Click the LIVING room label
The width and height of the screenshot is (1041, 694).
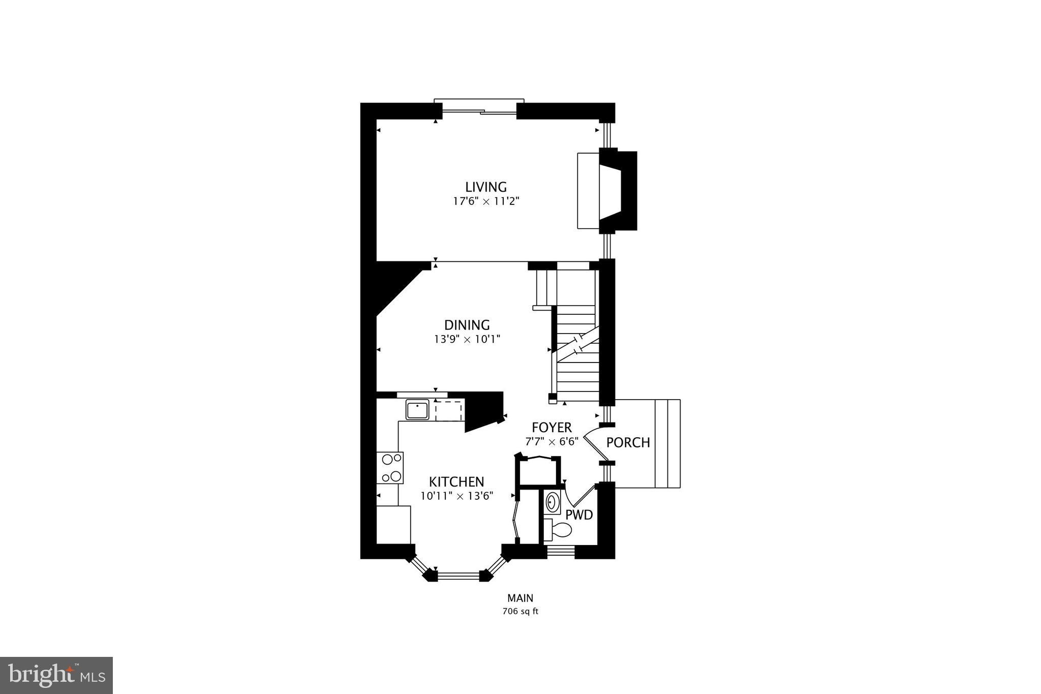point(486,187)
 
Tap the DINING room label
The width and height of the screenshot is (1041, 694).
point(467,325)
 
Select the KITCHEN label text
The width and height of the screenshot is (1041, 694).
point(456,481)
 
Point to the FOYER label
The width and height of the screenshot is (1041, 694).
point(552,428)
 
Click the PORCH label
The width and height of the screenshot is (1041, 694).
point(628,442)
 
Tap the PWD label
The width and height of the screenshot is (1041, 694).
point(579,515)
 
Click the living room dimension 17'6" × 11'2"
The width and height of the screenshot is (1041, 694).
point(486,201)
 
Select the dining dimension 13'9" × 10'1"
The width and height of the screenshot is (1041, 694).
point(467,339)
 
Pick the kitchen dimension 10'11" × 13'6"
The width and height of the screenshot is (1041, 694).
point(456,496)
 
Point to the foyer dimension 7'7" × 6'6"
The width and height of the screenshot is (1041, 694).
point(552,441)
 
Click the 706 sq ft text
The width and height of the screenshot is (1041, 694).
point(520,611)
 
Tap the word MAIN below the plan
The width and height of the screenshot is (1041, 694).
point(520,598)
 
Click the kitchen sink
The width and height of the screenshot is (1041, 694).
point(417,410)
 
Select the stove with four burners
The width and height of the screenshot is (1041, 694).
point(390,468)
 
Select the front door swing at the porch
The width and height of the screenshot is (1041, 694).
point(592,442)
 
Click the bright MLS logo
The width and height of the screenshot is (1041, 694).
point(56,675)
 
